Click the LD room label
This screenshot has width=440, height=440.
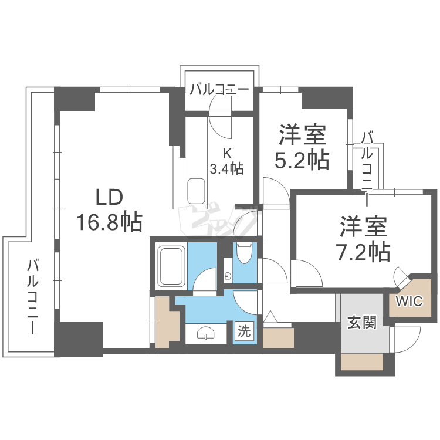pyautogui.click(x=109, y=197)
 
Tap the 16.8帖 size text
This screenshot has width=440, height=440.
pyautogui.click(x=109, y=221)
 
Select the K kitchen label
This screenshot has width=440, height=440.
pyautogui.click(x=226, y=154)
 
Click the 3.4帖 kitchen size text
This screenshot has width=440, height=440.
pyautogui.click(x=227, y=168)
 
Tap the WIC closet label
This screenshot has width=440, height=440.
pyautogui.click(x=409, y=302)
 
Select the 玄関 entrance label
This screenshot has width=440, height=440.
pyautogui.click(x=362, y=323)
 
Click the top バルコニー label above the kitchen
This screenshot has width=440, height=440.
pyautogui.click(x=219, y=90)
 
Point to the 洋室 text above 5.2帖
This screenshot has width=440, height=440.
pyautogui.click(x=302, y=136)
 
